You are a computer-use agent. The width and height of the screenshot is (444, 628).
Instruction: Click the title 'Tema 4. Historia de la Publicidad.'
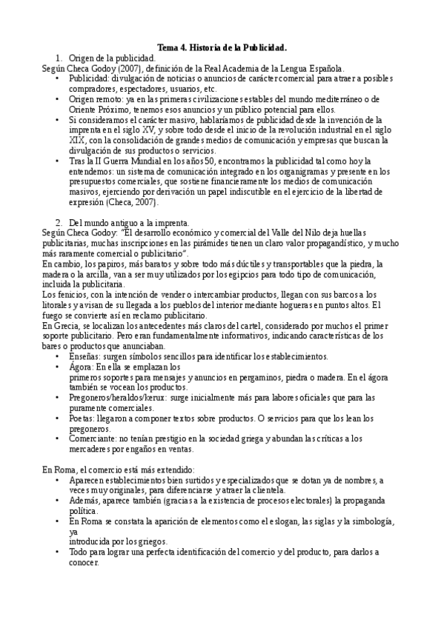[222, 47]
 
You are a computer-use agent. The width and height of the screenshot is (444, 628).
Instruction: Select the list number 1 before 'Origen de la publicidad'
[59, 57]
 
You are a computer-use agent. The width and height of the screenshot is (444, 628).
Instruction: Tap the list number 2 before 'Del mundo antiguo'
[59, 222]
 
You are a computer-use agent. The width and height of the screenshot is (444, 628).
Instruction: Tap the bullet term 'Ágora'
[80, 367]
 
